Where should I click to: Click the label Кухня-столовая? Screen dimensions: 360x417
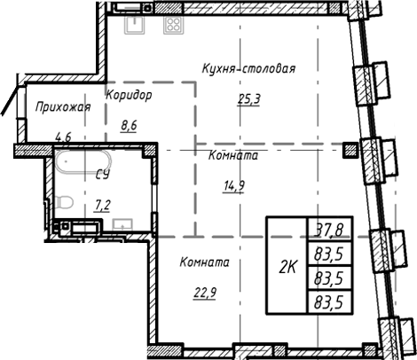coord(248,68)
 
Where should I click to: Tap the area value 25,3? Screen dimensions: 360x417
coord(248,99)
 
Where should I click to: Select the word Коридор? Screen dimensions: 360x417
coord(128,94)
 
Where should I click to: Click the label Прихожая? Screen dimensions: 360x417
coord(64,107)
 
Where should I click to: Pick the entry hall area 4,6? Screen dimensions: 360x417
coord(64,137)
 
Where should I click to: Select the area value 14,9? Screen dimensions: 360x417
coord(233,185)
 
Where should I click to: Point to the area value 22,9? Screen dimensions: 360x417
coord(204,293)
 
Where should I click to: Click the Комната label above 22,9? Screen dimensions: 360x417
coord(204,262)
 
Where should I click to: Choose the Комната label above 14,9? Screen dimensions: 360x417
coord(233,155)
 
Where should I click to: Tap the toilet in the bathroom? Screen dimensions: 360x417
coord(64,205)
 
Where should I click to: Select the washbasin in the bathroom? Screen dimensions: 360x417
coord(122,223)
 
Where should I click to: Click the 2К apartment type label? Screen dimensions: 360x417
coord(287,264)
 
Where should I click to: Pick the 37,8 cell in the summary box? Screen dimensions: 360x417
coord(328,233)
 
